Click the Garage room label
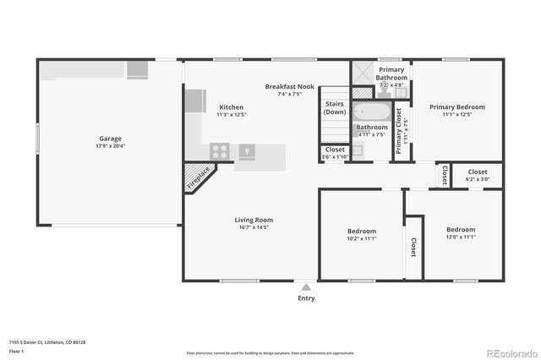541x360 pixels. coord(110,139)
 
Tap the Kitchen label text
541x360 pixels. coord(232,107)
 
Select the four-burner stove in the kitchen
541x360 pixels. coord(220,152)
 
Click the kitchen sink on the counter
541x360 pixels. coord(248,152)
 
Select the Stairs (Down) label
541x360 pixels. coord(335,108)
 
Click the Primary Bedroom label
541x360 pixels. coord(456,107)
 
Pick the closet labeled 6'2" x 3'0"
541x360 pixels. coord(478,175)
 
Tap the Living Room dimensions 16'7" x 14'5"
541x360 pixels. coord(254,227)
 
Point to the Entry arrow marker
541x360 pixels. coord(305,287)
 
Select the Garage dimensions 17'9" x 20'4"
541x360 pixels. coord(110,146)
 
